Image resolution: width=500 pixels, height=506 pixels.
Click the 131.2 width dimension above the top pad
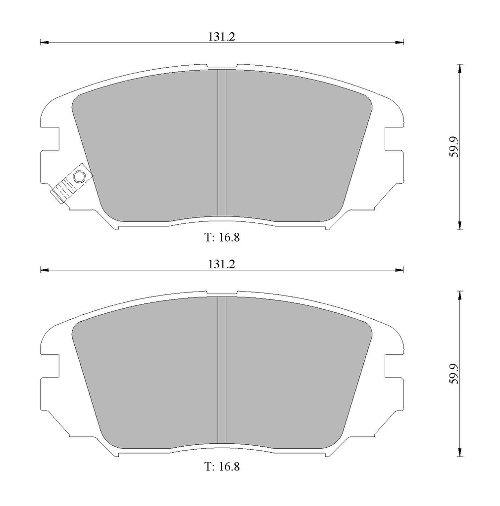pyautogui.click(x=221, y=37)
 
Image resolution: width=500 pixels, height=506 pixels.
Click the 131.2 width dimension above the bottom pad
pyautogui.click(x=221, y=264)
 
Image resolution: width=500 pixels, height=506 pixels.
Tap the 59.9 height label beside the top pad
pyautogui.click(x=454, y=147)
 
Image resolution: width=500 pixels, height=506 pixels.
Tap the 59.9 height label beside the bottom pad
pyautogui.click(x=454, y=374)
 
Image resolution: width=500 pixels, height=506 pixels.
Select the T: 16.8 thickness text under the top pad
pyautogui.click(x=222, y=238)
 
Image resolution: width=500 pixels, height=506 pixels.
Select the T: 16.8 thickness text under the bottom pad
pyautogui.click(x=222, y=466)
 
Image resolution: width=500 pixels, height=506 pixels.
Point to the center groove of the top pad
pyautogui.click(x=222, y=143)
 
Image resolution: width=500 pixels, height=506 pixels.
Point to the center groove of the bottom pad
pyautogui.click(x=222, y=370)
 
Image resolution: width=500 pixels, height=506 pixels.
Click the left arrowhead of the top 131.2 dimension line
pyautogui.click(x=44, y=42)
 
